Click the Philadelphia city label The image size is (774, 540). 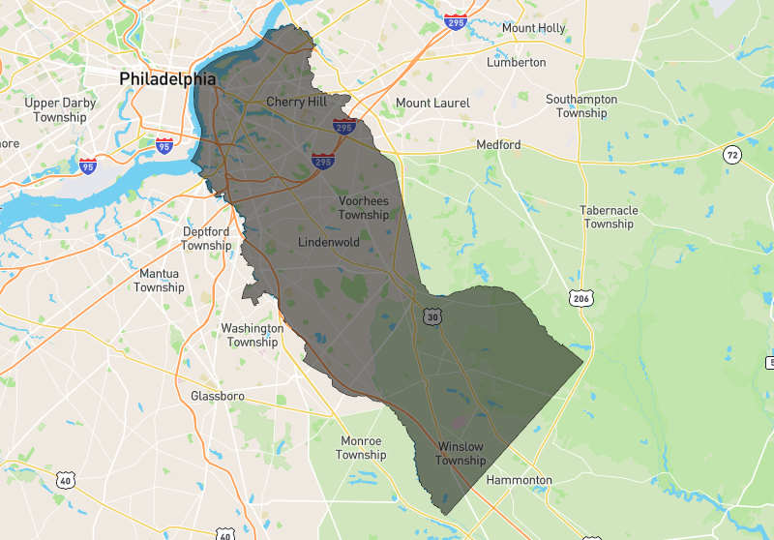(x=167, y=78)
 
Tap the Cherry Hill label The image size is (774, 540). (x=297, y=102)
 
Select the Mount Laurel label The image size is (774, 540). (x=432, y=103)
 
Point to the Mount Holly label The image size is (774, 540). (x=533, y=28)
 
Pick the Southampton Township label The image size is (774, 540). (x=581, y=105)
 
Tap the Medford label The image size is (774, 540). (x=498, y=145)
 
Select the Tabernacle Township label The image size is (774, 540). (x=609, y=217)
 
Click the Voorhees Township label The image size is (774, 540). (x=364, y=207)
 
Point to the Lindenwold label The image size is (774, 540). (x=329, y=241)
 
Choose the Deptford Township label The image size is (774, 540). (x=207, y=238)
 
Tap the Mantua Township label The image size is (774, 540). (x=159, y=280)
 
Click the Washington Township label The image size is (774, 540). (x=253, y=335)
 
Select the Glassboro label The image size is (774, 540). (x=218, y=396)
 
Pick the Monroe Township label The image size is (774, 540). (x=362, y=448)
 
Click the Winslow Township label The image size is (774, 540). (x=461, y=453)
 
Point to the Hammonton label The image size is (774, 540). (x=520, y=480)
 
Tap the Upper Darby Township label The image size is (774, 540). (x=60, y=109)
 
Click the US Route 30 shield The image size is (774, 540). (x=432, y=316)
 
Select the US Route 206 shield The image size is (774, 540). (x=580, y=299)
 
